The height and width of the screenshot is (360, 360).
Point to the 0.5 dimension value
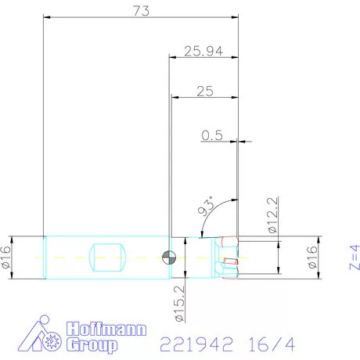[x=212, y=135]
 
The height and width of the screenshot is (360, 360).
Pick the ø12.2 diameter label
[x=272, y=218]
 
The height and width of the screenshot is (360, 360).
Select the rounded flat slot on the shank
[x=109, y=256]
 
